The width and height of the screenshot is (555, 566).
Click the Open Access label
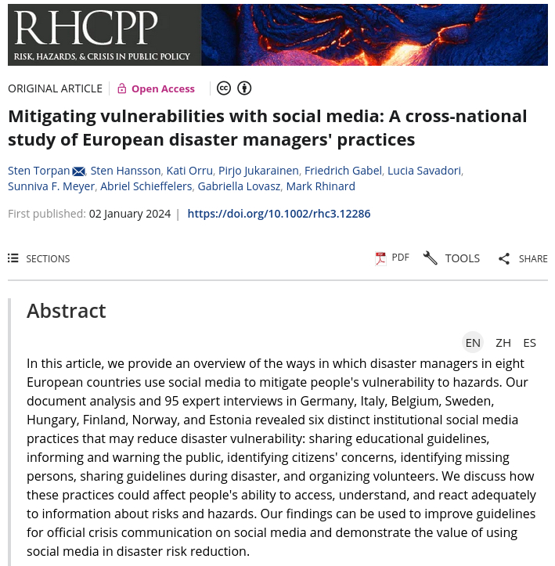pos(162,88)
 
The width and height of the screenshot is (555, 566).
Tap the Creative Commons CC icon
pos(224,88)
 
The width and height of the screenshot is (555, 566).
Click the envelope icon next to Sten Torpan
pos(78,171)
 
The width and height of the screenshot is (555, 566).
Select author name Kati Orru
pos(189,171)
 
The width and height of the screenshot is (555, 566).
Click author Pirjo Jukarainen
pos(258,171)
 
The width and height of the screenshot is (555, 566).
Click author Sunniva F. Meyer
pos(51,186)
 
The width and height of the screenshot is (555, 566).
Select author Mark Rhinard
pos(320,186)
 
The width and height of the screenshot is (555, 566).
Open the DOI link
pos(279,214)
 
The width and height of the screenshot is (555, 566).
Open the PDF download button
pos(392,258)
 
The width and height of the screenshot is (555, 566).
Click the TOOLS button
pos(452,258)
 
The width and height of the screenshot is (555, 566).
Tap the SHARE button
pos(523,258)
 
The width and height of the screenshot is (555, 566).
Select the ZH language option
pos(503,342)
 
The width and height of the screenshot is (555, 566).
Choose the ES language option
pos(530,342)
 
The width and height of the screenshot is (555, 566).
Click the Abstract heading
pos(67,311)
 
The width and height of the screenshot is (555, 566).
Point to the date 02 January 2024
pos(130,214)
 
